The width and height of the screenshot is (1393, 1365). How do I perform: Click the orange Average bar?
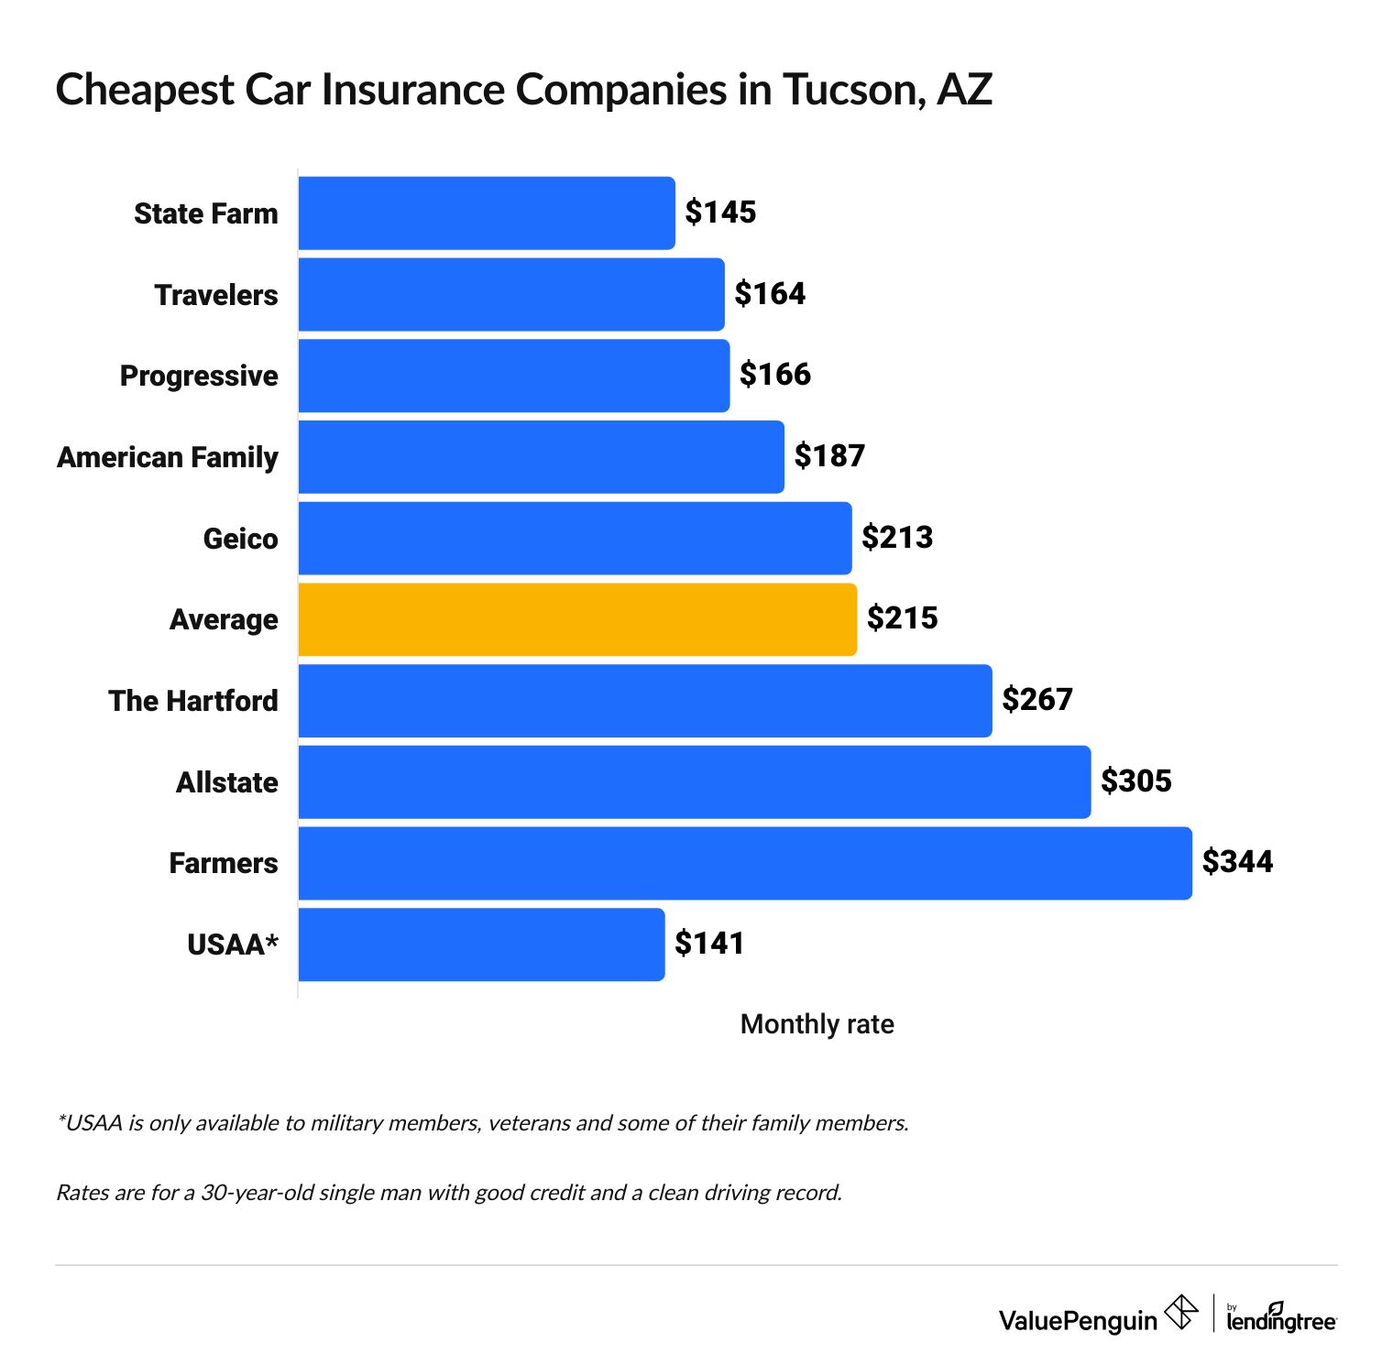577,619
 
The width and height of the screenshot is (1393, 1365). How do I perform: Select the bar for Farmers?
744,863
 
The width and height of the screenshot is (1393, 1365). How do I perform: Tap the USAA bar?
481,945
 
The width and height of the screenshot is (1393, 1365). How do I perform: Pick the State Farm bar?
486,213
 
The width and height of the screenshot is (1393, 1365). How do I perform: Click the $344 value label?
1237,862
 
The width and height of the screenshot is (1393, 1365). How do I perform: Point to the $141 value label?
709,944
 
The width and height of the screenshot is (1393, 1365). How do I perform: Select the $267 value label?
1037,700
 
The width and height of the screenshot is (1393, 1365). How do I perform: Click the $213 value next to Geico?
897,538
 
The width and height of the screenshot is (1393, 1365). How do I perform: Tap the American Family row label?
168,457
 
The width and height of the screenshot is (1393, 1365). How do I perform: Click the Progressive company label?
199,377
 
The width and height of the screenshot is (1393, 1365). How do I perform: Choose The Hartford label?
193,701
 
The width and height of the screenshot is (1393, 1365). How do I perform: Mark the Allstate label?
226,782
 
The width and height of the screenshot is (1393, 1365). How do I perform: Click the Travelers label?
216,295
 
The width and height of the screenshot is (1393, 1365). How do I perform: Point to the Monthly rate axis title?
817,1024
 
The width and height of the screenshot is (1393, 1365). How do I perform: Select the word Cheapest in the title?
144,91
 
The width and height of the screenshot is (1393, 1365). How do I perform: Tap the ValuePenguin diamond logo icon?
1180,1313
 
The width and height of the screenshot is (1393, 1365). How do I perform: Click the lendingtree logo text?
1281,1320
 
